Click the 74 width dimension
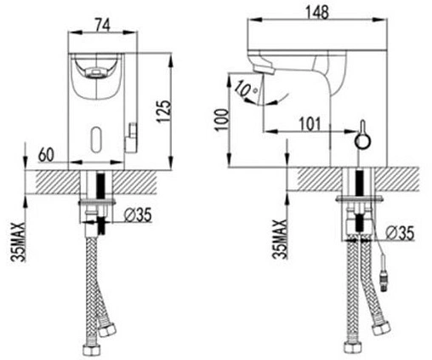tap(102, 26)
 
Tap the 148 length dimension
tap(317, 12)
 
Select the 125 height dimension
tap(164, 111)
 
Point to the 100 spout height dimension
tap(222, 119)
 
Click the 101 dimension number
tap(310, 124)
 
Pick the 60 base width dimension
tap(46, 155)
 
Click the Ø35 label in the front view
tap(139, 215)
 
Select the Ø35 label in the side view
tap(400, 233)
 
